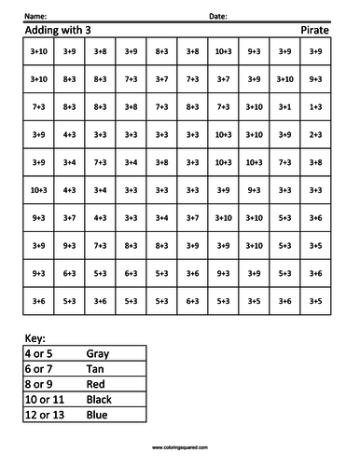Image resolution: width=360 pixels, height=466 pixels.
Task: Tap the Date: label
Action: pyautogui.click(x=217, y=17)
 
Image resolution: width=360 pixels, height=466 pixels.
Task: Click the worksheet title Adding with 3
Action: pyautogui.click(x=55, y=30)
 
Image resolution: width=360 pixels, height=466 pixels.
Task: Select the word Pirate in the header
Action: pyautogui.click(x=313, y=30)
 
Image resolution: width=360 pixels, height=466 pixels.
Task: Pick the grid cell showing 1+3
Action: pyautogui.click(x=315, y=107)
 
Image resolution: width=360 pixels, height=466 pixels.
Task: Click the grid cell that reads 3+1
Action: pyautogui.click(x=284, y=107)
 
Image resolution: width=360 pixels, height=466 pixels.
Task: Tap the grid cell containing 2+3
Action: pyautogui.click(x=315, y=135)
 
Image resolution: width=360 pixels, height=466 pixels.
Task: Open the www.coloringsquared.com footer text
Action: pyautogui.click(x=180, y=448)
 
